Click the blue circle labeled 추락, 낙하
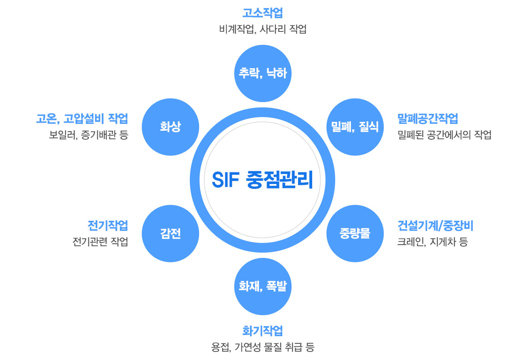coord(262,73)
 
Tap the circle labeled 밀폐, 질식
coord(355,127)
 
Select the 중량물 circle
coord(355,233)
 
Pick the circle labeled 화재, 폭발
coord(262,287)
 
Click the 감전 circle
coord(170,233)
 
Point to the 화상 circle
coord(170,127)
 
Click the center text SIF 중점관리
coord(262,180)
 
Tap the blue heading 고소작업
coord(262,13)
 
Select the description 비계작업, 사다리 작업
coord(262,29)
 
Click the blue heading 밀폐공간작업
coord(428,119)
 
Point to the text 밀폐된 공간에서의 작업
coord(444,135)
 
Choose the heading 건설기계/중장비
coord(435,226)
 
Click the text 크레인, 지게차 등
coord(433,242)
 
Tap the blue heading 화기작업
coord(262,331)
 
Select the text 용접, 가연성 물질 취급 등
coord(262,347)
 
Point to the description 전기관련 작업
coord(100,242)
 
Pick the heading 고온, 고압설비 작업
coord(82,119)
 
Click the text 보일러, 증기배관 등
coord(88,135)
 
